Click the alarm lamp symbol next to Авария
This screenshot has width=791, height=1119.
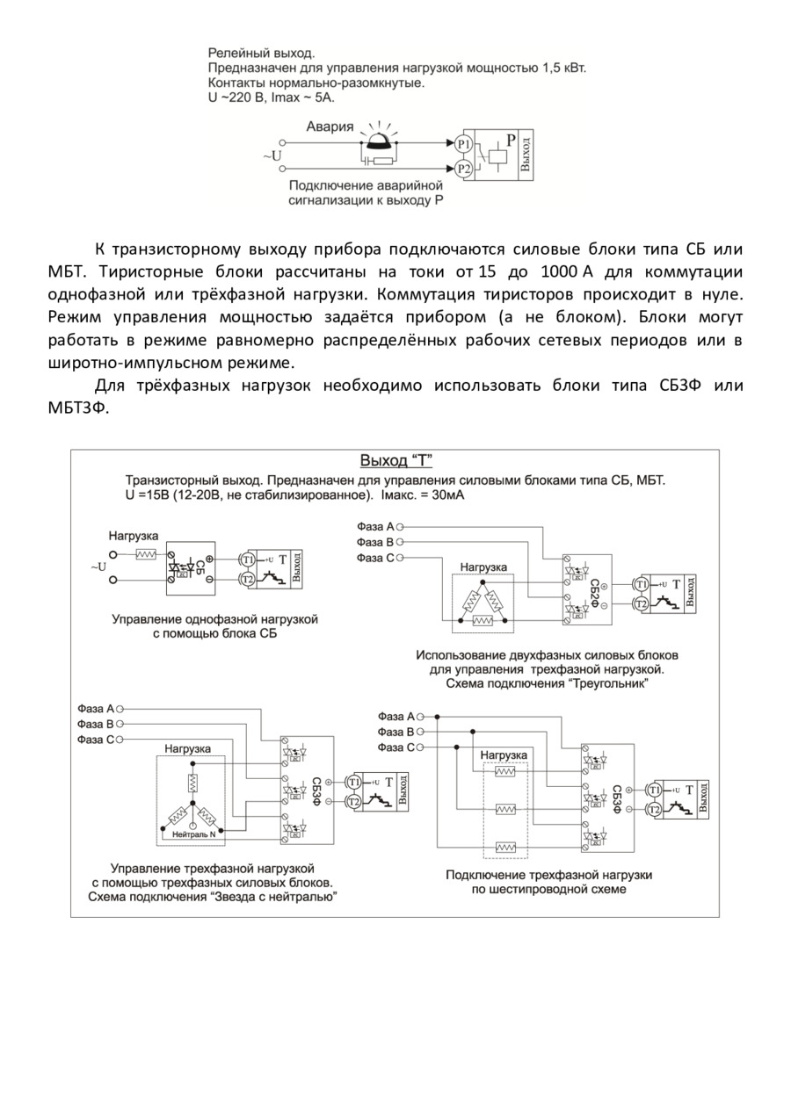(x=379, y=140)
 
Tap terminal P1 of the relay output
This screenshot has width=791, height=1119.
(x=464, y=143)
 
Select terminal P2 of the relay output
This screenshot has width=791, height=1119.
(x=464, y=168)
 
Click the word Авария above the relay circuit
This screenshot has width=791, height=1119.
(x=330, y=126)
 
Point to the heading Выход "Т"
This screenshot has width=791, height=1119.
(x=396, y=460)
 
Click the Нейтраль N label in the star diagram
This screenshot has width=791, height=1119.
(x=194, y=834)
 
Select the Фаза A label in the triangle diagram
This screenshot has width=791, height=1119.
(x=376, y=526)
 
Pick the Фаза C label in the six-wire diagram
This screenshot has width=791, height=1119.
(x=396, y=747)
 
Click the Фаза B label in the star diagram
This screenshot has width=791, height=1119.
(x=96, y=724)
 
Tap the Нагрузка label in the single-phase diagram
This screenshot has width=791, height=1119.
(x=134, y=535)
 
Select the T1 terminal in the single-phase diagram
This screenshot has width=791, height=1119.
(x=247, y=559)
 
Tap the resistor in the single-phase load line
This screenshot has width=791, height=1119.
(x=146, y=555)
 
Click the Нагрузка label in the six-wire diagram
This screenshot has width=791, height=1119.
(x=504, y=755)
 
